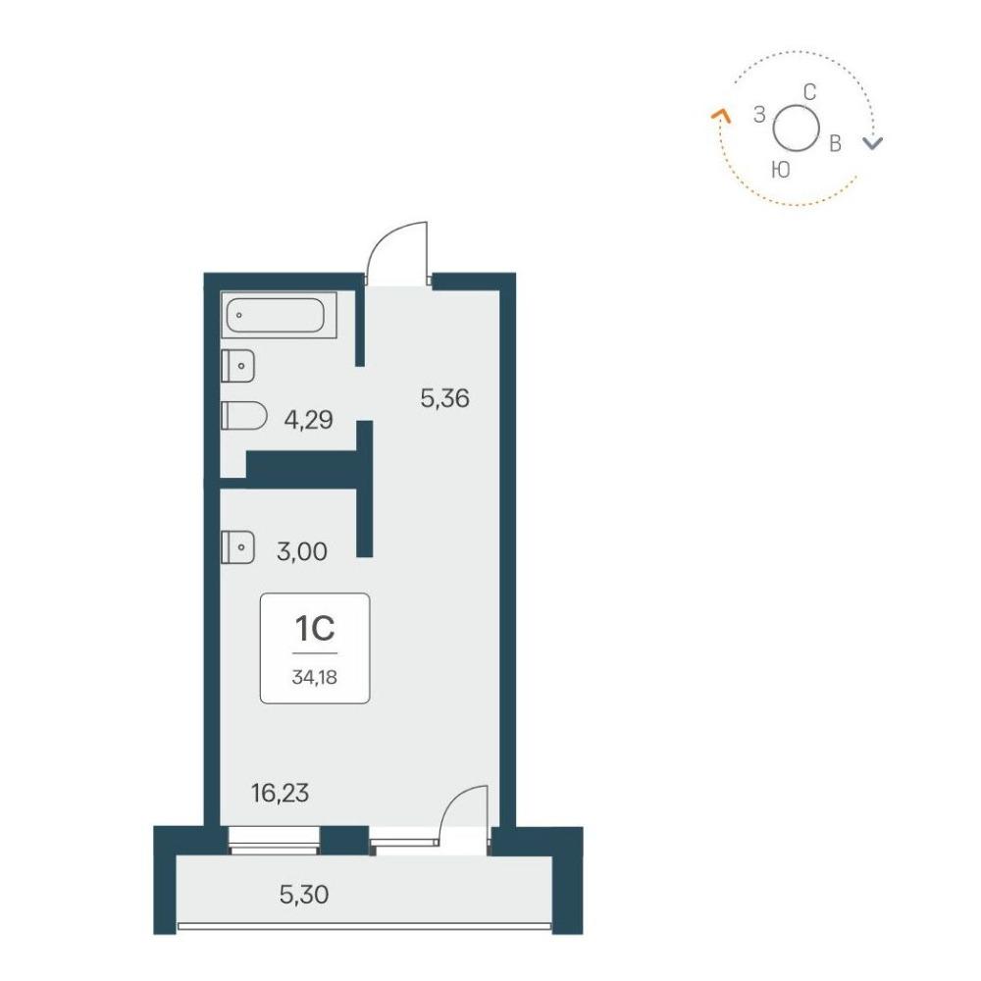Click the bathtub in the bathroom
click(279, 315)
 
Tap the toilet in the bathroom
click(244, 415)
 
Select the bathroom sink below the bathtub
click(237, 366)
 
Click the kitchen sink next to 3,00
click(237, 547)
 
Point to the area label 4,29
click(308, 420)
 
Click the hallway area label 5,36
click(444, 398)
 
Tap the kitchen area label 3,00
click(302, 551)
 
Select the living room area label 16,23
click(281, 794)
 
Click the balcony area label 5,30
click(304, 895)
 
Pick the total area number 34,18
click(315, 677)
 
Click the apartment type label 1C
click(315, 629)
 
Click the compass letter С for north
click(809, 92)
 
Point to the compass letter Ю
click(781, 170)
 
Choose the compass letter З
click(759, 115)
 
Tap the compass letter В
click(835, 144)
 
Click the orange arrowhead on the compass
click(722, 115)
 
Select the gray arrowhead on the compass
click(873, 143)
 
